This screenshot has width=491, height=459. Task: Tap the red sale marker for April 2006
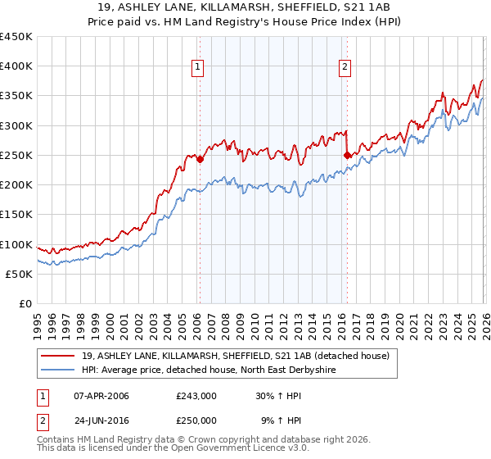tap(200, 160)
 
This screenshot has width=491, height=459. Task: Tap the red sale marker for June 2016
tap(347, 154)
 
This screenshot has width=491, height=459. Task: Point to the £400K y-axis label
tap(16, 66)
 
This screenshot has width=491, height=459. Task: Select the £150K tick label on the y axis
tap(16, 215)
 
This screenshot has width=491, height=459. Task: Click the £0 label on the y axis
tap(25, 303)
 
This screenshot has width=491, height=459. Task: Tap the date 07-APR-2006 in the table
tap(101, 396)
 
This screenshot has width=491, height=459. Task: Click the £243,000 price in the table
tap(196, 396)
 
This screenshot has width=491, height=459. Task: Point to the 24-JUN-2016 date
tap(101, 420)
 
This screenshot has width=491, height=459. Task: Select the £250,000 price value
tap(196, 420)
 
